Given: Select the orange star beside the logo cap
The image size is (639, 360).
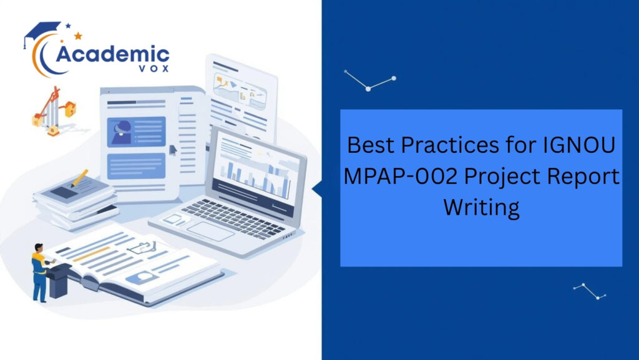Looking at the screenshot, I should click(x=78, y=36).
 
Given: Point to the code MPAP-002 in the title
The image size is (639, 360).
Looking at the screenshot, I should click(x=393, y=177).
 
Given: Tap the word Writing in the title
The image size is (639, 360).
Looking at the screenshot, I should click(x=481, y=207).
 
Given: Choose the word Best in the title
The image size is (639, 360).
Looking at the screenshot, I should click(x=372, y=145).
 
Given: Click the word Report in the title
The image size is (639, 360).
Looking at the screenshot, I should click(x=583, y=177).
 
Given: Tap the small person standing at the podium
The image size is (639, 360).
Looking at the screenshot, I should click(x=39, y=271).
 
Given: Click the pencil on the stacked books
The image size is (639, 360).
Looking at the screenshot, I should click(x=79, y=178).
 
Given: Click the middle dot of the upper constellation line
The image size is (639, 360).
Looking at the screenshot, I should click(x=368, y=89).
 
